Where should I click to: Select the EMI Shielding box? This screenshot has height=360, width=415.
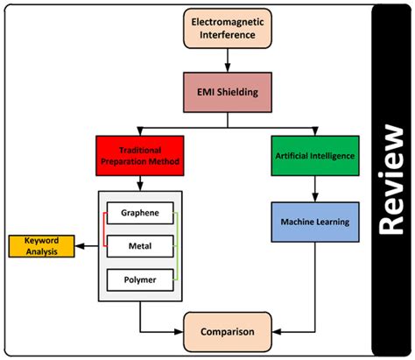tap(229, 91)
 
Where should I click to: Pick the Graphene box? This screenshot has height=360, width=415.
tap(140, 213)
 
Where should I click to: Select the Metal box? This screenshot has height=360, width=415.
tap(140, 247)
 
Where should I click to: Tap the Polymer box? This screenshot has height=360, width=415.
tap(140, 280)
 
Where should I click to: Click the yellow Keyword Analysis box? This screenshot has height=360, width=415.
tap(40, 247)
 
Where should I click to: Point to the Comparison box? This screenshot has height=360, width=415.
tap(229, 333)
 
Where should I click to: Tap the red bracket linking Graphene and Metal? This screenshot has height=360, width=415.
tap(103, 229)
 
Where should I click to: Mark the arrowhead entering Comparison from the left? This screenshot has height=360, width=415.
tap(180, 333)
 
